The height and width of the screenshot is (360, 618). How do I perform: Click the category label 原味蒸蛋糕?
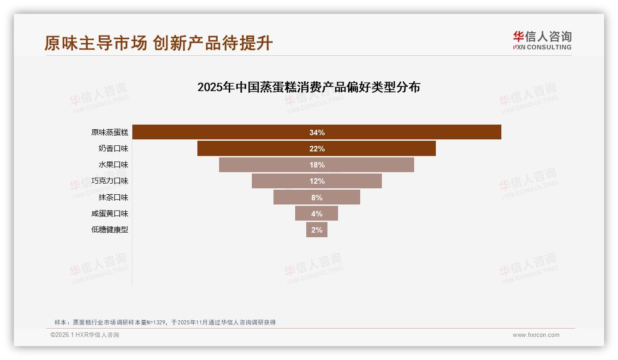(x=110, y=132)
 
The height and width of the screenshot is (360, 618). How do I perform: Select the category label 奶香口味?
(x=113, y=149)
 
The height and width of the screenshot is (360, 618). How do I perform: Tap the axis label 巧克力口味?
(x=110, y=181)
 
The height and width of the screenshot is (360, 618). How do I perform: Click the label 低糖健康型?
(x=110, y=230)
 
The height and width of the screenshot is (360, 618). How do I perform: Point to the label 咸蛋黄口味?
(x=110, y=214)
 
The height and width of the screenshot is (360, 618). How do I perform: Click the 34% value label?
(x=317, y=132)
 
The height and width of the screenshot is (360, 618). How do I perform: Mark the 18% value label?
(x=317, y=165)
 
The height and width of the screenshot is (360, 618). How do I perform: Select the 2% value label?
(x=317, y=230)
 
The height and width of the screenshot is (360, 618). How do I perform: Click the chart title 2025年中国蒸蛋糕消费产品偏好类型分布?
(x=309, y=87)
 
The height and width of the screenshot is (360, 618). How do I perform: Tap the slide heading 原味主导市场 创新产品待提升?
(x=159, y=43)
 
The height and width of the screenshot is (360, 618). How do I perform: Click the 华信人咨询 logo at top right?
(x=542, y=41)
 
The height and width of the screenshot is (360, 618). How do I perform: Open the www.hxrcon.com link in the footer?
(x=536, y=335)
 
